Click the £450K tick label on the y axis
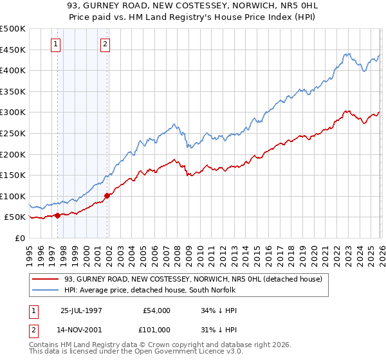13,50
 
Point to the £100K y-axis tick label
13,196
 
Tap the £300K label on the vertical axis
13,113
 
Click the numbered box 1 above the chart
55,44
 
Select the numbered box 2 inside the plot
104,44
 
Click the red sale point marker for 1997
58,215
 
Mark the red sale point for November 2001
107,195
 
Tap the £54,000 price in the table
157,310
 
